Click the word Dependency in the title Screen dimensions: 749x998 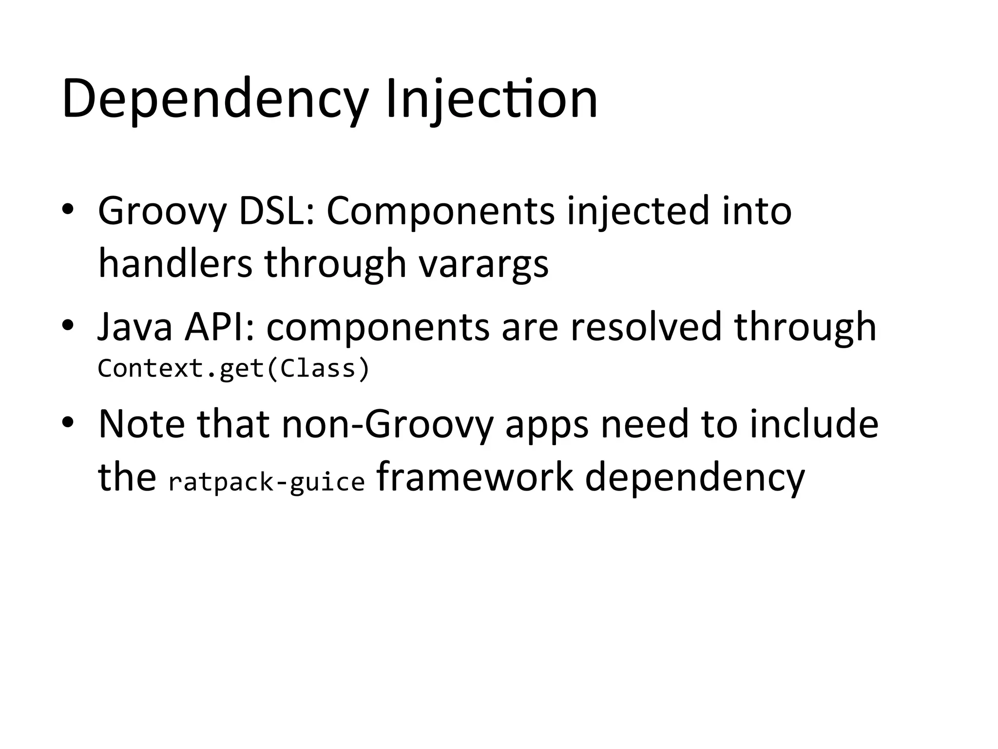coord(214,100)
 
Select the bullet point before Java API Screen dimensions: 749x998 coord(68,325)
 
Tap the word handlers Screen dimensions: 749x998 coord(175,263)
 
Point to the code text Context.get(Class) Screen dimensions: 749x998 coord(234,369)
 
